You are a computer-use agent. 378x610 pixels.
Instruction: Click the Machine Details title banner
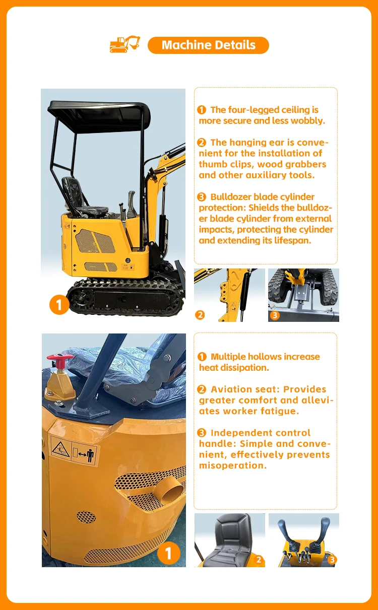click(208, 45)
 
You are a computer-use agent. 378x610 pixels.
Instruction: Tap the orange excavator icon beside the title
click(125, 44)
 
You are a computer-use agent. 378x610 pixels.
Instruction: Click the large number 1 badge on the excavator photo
click(59, 305)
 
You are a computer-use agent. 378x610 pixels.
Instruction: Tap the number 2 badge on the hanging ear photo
click(200, 315)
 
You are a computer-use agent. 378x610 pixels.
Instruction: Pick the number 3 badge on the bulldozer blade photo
click(275, 315)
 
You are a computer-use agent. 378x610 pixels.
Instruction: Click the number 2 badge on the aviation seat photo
click(259, 560)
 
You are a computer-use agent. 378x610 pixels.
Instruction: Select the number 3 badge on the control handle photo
click(332, 560)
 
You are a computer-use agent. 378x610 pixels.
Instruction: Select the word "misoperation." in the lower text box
click(233, 465)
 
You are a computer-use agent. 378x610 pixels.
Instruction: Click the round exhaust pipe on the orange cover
click(171, 492)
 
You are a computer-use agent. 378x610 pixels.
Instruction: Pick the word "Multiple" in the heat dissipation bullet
click(228, 357)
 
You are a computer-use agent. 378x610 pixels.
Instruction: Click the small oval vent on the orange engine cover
click(86, 517)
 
